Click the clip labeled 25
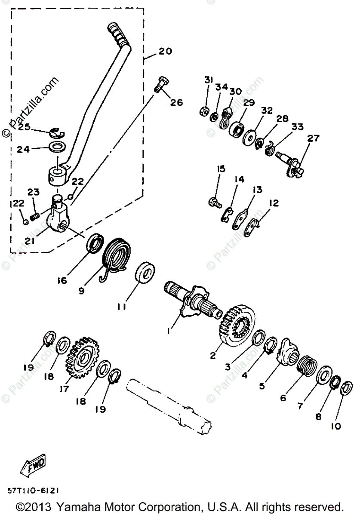pos(55,132)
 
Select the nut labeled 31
pos(205,111)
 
